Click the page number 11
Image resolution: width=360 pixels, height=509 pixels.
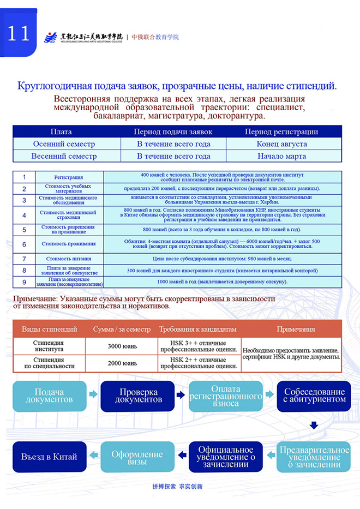(x=18, y=33)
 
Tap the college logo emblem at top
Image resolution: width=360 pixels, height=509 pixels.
(x=50, y=37)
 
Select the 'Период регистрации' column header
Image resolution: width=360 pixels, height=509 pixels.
(x=281, y=132)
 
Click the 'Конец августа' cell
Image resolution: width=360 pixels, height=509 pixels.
(x=281, y=144)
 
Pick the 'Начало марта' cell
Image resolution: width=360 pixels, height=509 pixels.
(x=281, y=156)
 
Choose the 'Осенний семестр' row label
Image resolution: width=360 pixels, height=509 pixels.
(x=64, y=144)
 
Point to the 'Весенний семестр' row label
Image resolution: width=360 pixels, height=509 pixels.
(x=64, y=156)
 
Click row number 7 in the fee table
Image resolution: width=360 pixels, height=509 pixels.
(x=24, y=259)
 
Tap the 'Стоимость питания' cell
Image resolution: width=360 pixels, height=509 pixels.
(x=69, y=259)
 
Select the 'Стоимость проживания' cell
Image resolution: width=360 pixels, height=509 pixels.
(x=69, y=244)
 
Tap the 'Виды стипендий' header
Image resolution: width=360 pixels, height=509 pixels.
(x=49, y=330)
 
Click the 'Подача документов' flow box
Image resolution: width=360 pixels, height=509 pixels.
(x=49, y=396)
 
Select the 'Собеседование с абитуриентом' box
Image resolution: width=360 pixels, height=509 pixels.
(x=314, y=396)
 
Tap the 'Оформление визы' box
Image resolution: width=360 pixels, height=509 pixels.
(x=137, y=457)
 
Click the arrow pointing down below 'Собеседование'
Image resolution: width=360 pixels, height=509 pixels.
(x=314, y=425)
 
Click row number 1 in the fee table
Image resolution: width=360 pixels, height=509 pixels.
(x=24, y=177)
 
